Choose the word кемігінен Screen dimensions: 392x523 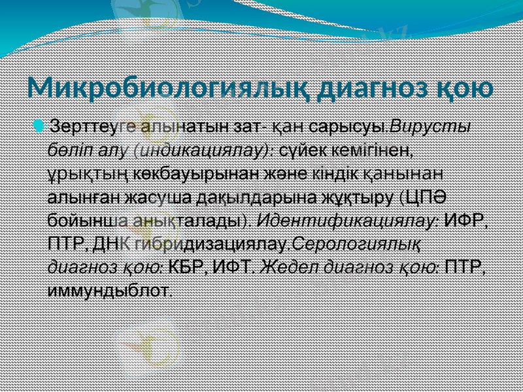click(x=377, y=150)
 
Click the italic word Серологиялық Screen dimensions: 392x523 click(x=357, y=245)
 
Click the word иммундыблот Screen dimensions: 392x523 click(x=110, y=291)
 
